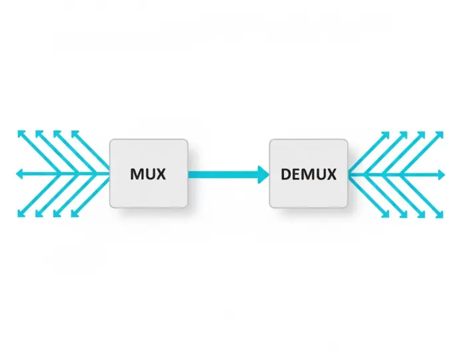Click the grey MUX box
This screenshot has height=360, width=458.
pyautogui.click(x=149, y=173)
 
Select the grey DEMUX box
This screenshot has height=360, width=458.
pyautogui.click(x=309, y=173)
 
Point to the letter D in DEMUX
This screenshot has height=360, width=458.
pyautogui.click(x=285, y=175)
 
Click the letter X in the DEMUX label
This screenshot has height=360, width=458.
pyautogui.click(x=331, y=175)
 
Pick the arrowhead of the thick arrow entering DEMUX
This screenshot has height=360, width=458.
pyautogui.click(x=264, y=175)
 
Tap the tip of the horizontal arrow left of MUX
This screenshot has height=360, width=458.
pyautogui.click(x=18, y=174)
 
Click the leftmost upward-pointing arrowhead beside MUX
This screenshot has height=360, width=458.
pyautogui.click(x=20, y=134)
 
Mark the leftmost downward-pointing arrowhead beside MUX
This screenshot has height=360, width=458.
pyautogui.click(x=20, y=215)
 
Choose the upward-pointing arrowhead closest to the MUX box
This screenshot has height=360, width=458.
pyautogui.click(x=74, y=134)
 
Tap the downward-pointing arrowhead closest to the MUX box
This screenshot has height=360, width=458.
pyautogui.click(x=74, y=215)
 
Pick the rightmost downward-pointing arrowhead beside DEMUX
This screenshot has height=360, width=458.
pyautogui.click(x=439, y=215)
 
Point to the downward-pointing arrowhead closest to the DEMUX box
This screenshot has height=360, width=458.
pyautogui.click(x=386, y=215)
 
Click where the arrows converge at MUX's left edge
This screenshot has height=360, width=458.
pyautogui.click(x=108, y=174)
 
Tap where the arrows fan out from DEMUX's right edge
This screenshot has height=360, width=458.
pyautogui.click(x=350, y=174)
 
